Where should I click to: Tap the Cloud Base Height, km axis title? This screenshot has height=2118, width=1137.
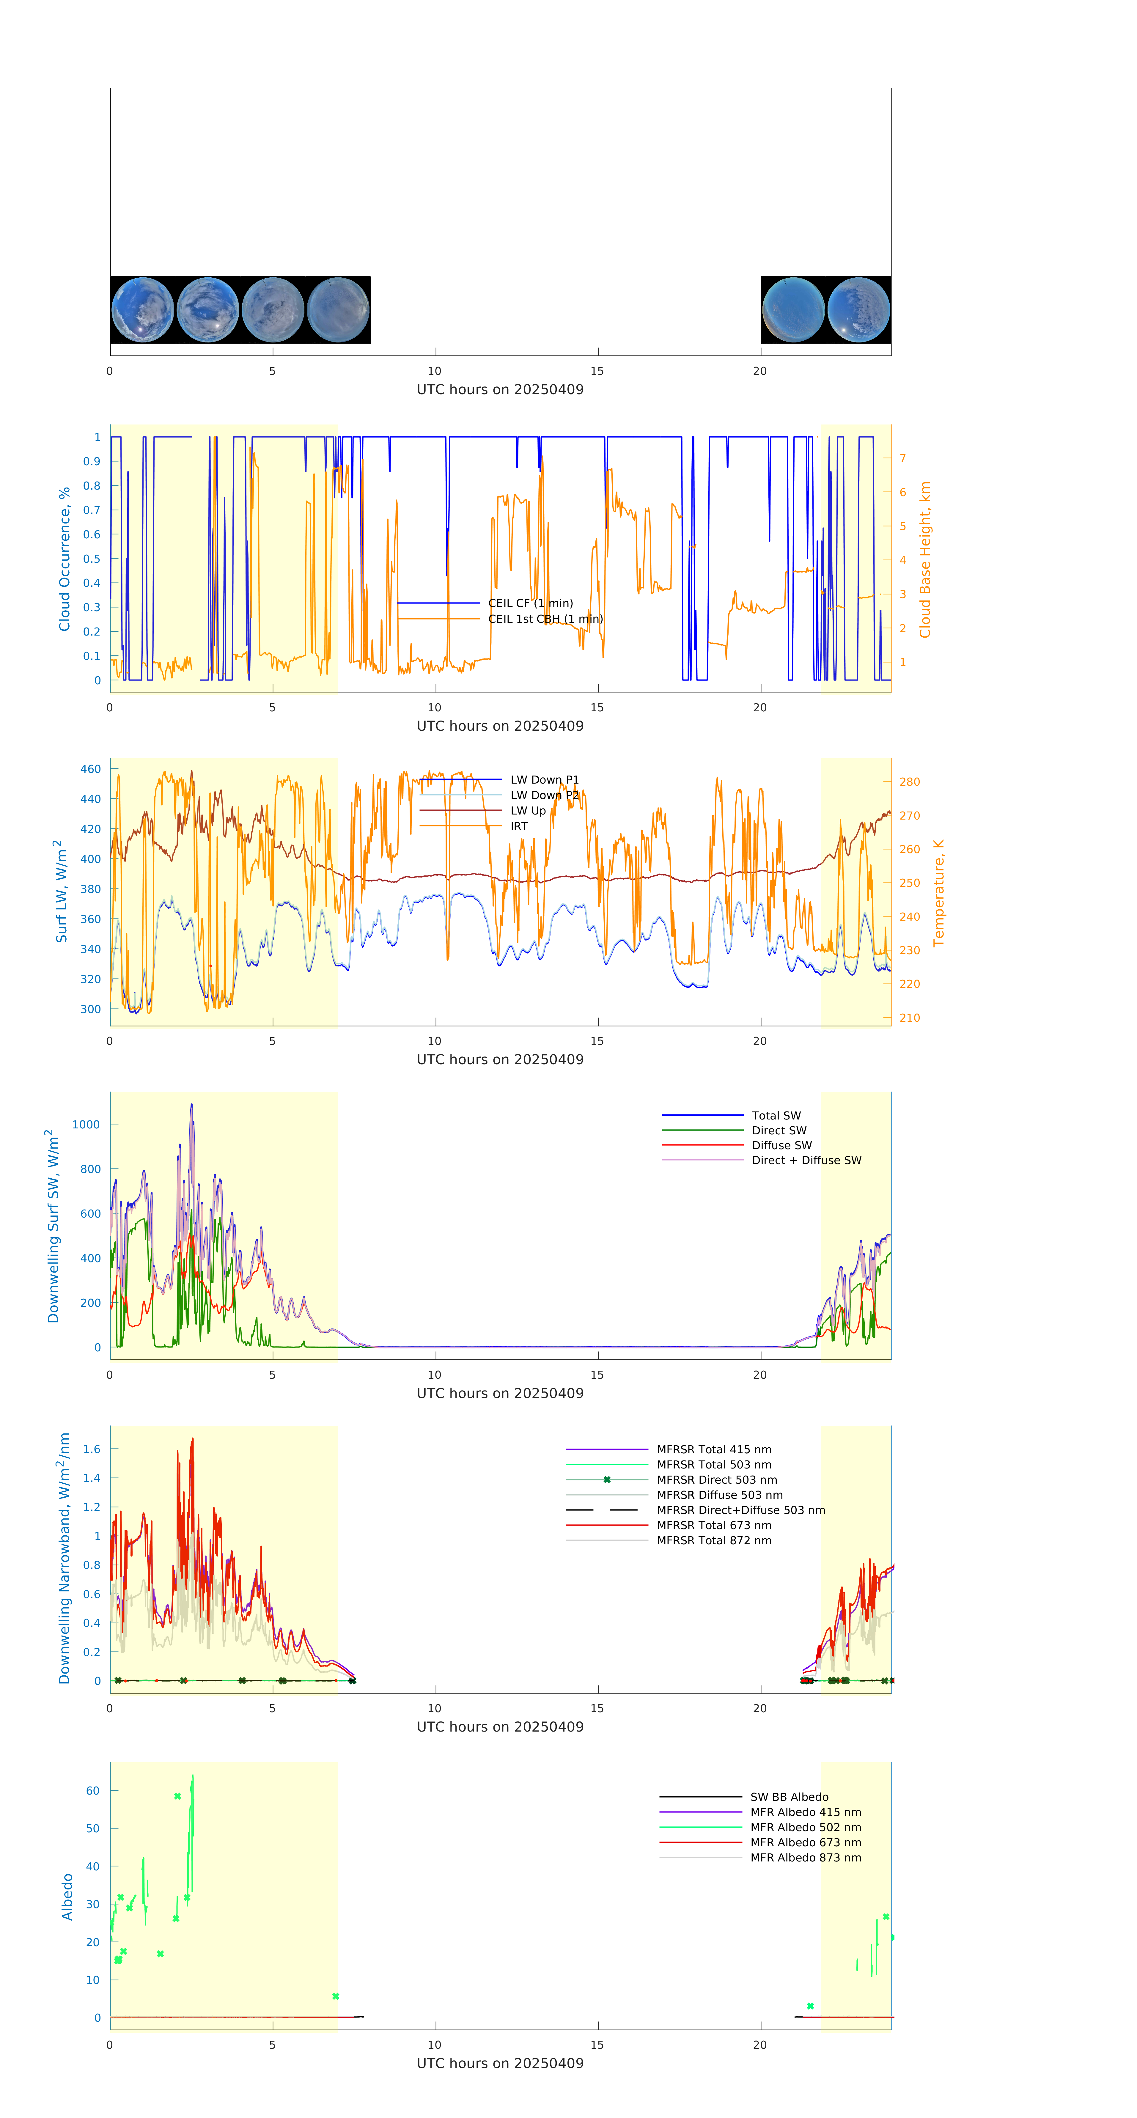(x=925, y=559)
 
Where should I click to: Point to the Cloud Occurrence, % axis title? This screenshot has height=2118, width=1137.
(x=64, y=559)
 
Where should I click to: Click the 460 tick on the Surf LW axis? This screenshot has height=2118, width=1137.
(x=90, y=769)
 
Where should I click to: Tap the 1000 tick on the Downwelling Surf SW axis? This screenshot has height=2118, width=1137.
(x=86, y=1124)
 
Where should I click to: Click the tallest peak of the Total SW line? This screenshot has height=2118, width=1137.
(x=191, y=1104)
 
